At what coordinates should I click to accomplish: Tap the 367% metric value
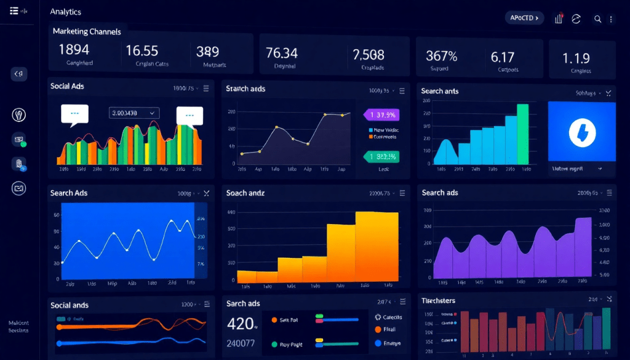click(442, 56)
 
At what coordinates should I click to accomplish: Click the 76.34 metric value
click(281, 53)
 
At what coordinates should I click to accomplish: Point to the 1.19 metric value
click(576, 58)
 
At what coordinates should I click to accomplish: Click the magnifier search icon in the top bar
click(597, 19)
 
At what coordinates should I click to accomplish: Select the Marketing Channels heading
click(87, 31)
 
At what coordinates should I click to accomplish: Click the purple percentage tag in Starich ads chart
click(381, 114)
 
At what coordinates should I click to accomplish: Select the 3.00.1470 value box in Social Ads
click(134, 113)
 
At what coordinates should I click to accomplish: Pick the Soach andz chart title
click(246, 193)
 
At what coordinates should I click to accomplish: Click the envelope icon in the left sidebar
click(18, 188)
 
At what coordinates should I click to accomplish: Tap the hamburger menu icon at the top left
click(14, 12)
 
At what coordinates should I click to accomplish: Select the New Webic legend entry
click(384, 130)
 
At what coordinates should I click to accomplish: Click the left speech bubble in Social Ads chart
click(74, 114)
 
